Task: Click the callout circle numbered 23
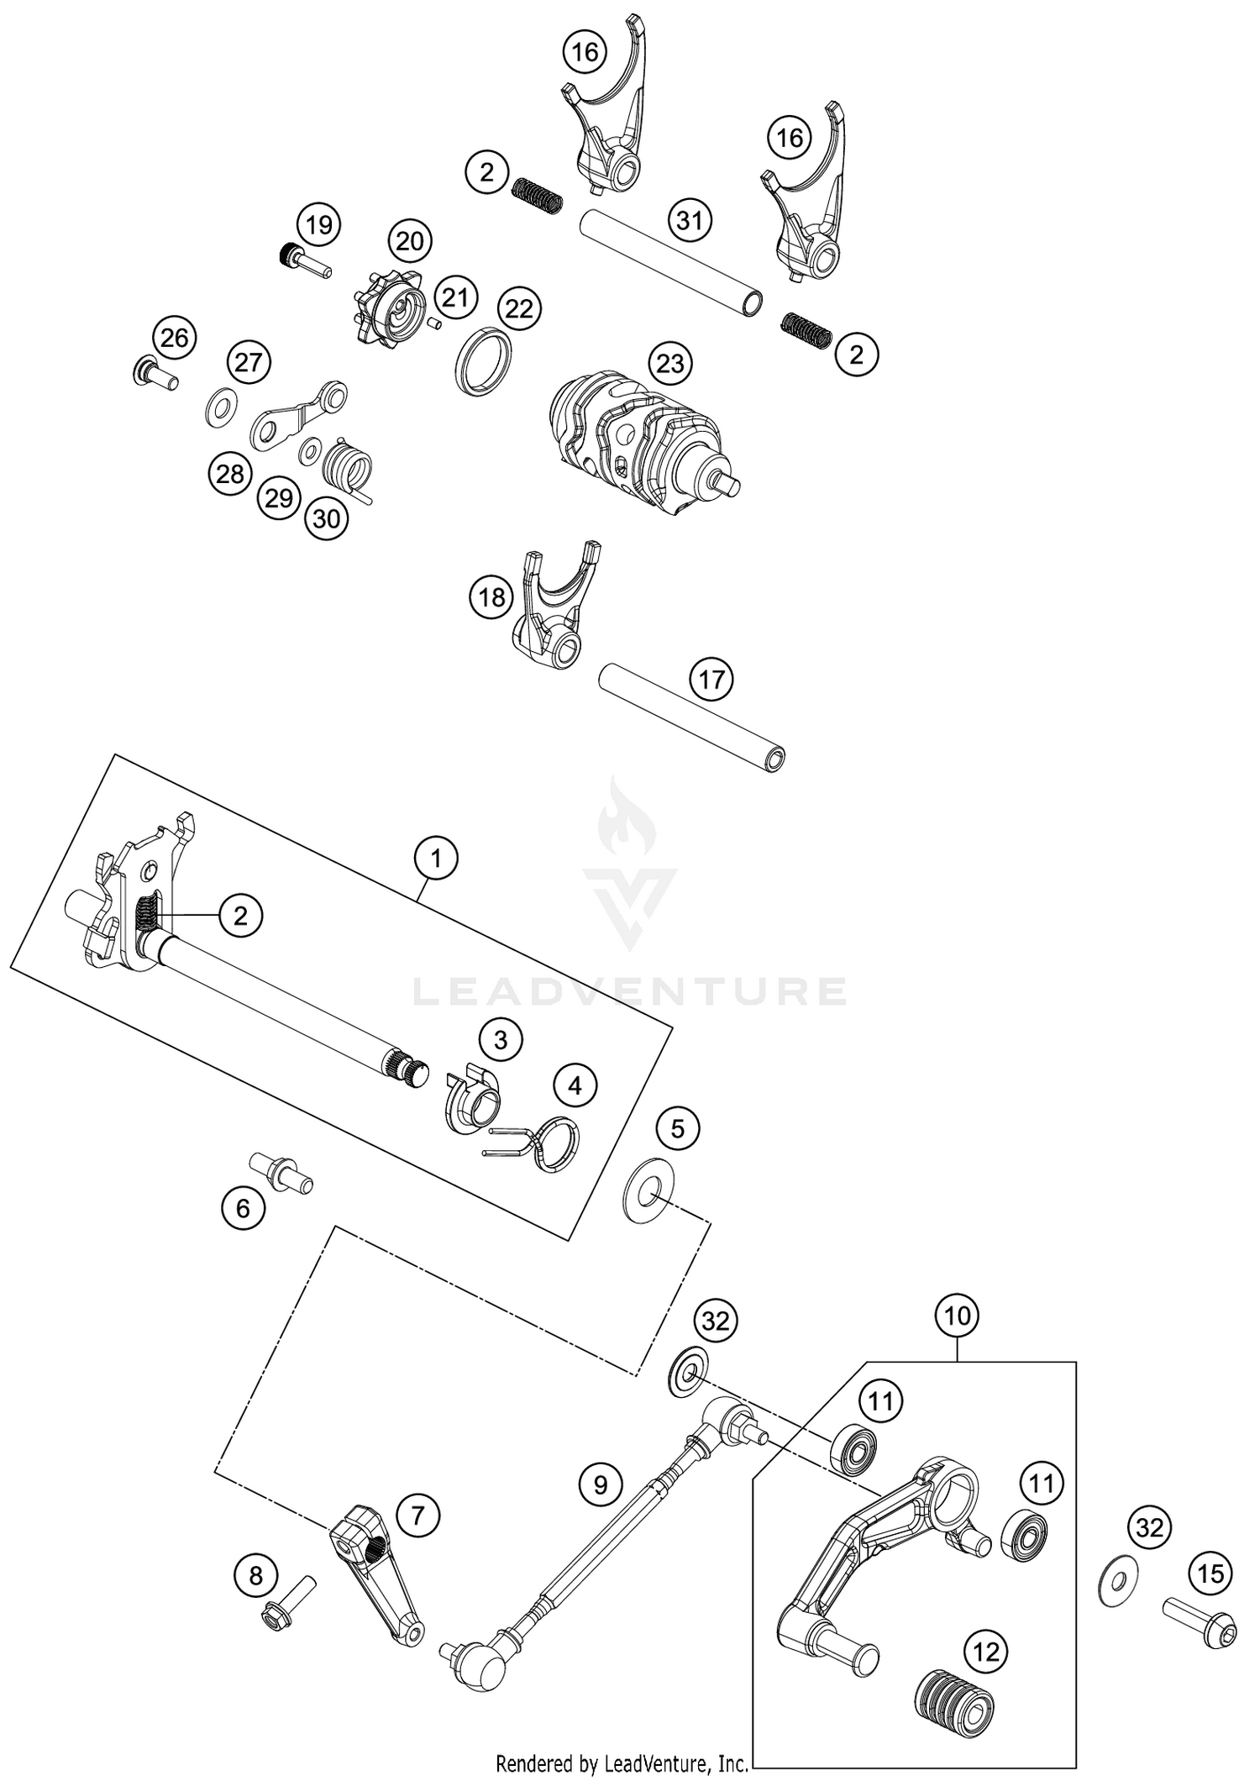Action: [x=669, y=364]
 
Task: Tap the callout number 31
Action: [x=690, y=221]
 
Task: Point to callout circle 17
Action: [x=711, y=679]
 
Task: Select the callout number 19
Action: [x=318, y=225]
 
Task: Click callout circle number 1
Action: [x=435, y=859]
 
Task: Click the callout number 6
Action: [x=243, y=1209]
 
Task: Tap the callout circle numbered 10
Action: [x=958, y=1315]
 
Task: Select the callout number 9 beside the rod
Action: [x=600, y=1484]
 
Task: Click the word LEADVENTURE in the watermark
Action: [x=630, y=991]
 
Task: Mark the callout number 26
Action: [x=174, y=338]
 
